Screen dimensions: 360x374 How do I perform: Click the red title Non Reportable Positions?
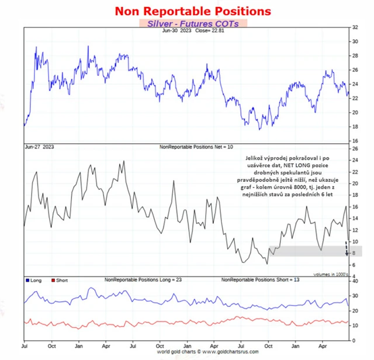[192, 11]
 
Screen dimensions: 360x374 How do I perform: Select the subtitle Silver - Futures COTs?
[193, 23]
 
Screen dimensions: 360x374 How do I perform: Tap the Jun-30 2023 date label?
[177, 30]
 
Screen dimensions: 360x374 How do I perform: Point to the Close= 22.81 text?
[209, 30]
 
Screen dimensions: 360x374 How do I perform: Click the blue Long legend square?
[27, 281]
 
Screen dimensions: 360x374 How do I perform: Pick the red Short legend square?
[52, 281]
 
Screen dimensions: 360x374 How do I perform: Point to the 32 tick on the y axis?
[355, 27]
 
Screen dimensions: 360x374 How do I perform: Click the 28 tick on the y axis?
[355, 56]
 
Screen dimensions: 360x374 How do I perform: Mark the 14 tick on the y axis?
[355, 219]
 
